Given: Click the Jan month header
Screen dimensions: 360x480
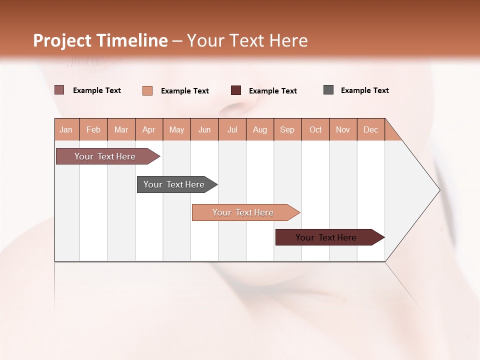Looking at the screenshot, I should (66, 129).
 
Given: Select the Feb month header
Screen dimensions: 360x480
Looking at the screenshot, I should (93, 129).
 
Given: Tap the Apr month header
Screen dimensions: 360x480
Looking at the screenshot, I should (149, 129).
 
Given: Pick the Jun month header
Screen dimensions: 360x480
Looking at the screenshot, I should (204, 129).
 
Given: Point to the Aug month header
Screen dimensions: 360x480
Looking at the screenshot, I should (260, 129).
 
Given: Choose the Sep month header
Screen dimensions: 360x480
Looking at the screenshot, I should (287, 129).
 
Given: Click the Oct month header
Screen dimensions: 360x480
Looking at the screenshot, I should (315, 129).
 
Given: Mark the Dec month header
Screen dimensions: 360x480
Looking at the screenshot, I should (371, 129).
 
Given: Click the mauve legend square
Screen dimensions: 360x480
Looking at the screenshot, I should (59, 90).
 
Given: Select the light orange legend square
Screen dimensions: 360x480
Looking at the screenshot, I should (147, 90).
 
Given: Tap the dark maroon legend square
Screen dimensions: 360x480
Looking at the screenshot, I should (236, 90).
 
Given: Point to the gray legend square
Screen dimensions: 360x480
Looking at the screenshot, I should (328, 90).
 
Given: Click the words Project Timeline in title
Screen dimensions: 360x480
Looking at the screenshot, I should (100, 40).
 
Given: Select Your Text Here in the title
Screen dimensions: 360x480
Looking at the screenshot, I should (247, 40).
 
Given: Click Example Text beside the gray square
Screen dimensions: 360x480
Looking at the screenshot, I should (364, 90).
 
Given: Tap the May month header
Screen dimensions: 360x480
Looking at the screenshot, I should (176, 129).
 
